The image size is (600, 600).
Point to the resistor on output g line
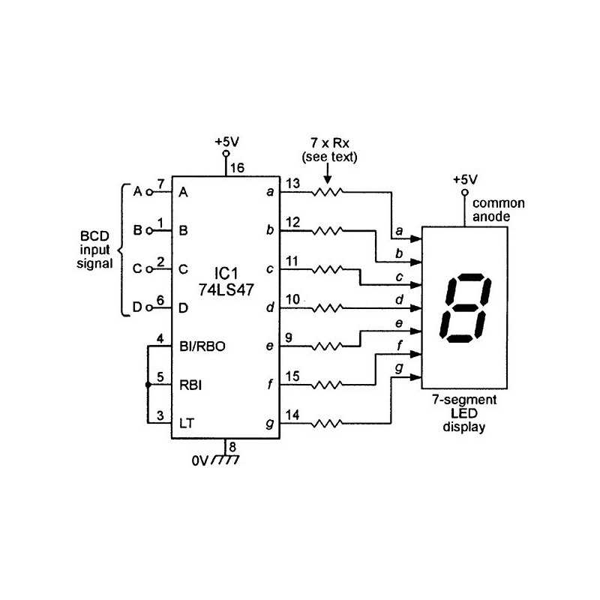tap(327, 424)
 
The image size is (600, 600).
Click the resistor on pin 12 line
tap(327, 230)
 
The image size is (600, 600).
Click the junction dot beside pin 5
tap(148, 385)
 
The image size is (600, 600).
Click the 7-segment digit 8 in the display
tap(467, 309)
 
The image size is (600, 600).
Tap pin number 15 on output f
tap(293, 377)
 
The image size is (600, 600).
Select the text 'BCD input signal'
tap(95, 250)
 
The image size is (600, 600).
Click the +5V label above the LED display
tap(465, 180)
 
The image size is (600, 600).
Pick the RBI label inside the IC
tap(189, 385)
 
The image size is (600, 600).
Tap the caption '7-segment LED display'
tap(465, 415)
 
